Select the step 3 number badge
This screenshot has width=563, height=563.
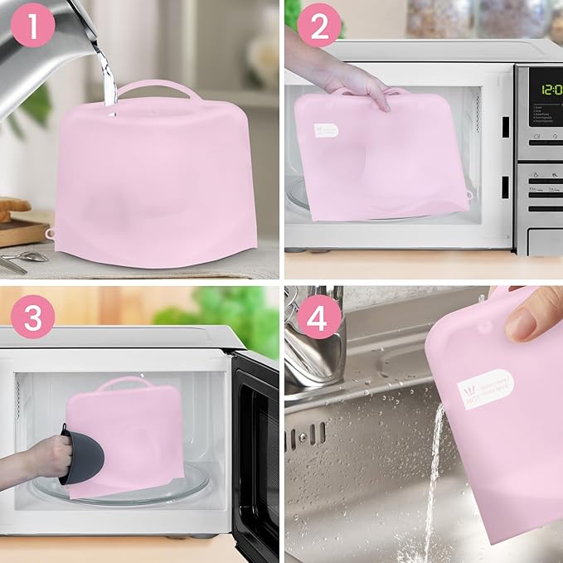click(33, 318)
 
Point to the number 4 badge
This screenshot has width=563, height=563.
click(318, 318)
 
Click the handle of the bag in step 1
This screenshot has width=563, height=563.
click(158, 86)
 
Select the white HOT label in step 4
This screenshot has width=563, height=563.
click(488, 390)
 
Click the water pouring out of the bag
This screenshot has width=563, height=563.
click(432, 481)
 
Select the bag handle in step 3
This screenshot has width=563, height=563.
click(124, 383)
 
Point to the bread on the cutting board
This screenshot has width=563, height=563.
click(12, 206)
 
